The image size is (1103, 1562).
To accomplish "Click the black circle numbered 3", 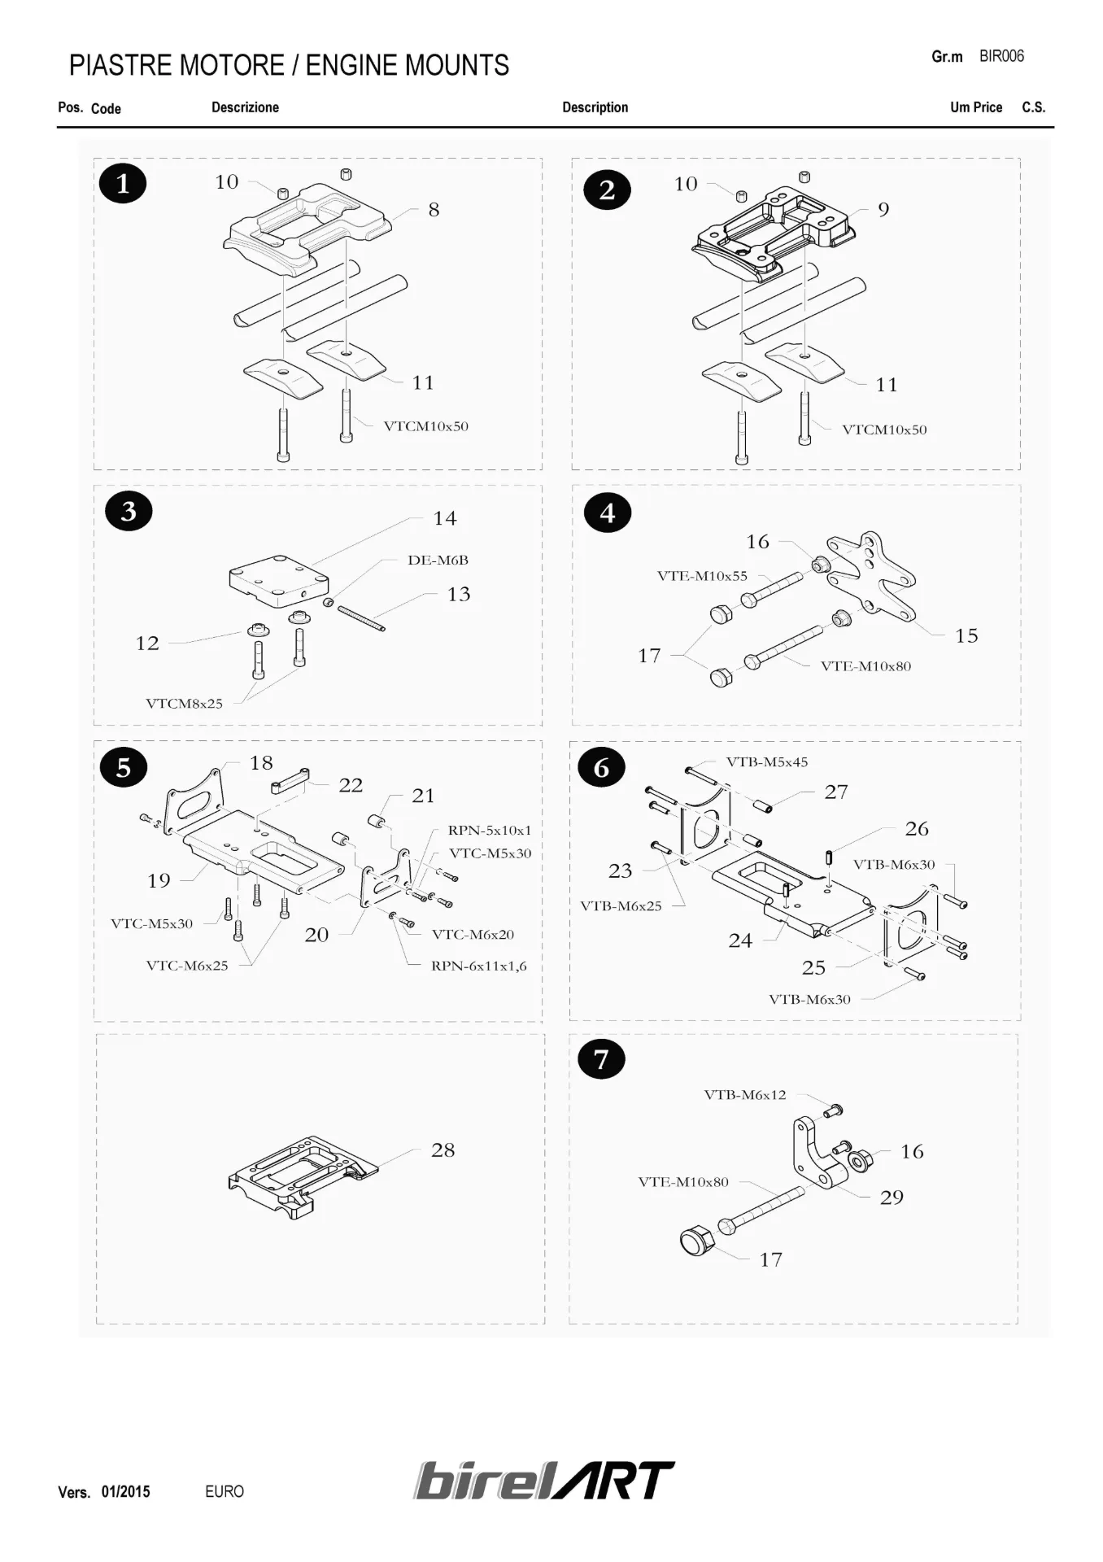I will (129, 511).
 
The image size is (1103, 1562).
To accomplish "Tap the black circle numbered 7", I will (601, 1059).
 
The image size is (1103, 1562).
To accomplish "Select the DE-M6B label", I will (438, 560).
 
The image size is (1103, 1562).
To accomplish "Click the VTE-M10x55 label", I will (702, 576).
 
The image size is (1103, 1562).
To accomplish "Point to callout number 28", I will (443, 1150).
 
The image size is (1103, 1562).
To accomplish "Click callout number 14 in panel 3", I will (445, 518).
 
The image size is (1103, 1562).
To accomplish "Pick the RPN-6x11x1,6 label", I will (478, 966).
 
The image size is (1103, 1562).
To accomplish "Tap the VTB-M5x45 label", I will (767, 762).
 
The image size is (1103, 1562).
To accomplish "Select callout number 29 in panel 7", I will (892, 1198).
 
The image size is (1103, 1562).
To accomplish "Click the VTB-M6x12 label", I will (745, 1095).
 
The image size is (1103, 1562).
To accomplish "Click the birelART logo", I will (544, 1481).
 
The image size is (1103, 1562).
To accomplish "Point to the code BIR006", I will (1001, 56).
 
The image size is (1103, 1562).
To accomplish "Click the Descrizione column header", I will (245, 107).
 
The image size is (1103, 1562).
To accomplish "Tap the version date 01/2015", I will (125, 1492).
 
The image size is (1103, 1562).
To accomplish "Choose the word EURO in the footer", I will (225, 1492).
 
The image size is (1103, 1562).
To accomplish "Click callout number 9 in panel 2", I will (883, 210).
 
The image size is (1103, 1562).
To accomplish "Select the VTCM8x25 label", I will (184, 704).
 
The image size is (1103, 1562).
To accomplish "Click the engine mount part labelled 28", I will (301, 1176).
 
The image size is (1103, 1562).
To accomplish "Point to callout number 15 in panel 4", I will (966, 635).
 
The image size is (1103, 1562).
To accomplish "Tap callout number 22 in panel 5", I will (351, 785).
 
